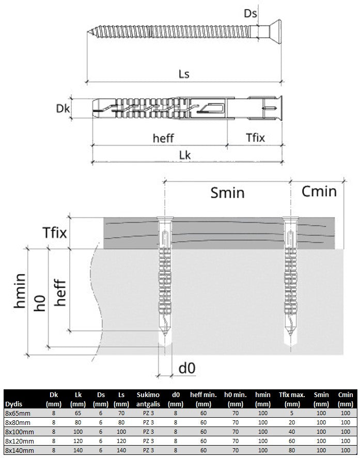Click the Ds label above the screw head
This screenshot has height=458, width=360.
coord(251,13)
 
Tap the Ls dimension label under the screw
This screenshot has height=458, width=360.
coord(183,74)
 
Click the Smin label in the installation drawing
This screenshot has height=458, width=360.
coord(227,193)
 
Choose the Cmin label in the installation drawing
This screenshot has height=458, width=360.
coord(319,192)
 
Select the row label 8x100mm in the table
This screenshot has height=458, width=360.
coord(19,431)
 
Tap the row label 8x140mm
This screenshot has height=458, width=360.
coord(19,450)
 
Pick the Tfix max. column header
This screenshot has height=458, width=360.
coord(292,399)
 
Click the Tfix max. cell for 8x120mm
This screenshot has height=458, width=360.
coord(292,441)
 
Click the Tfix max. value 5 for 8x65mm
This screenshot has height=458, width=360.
coord(292,413)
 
